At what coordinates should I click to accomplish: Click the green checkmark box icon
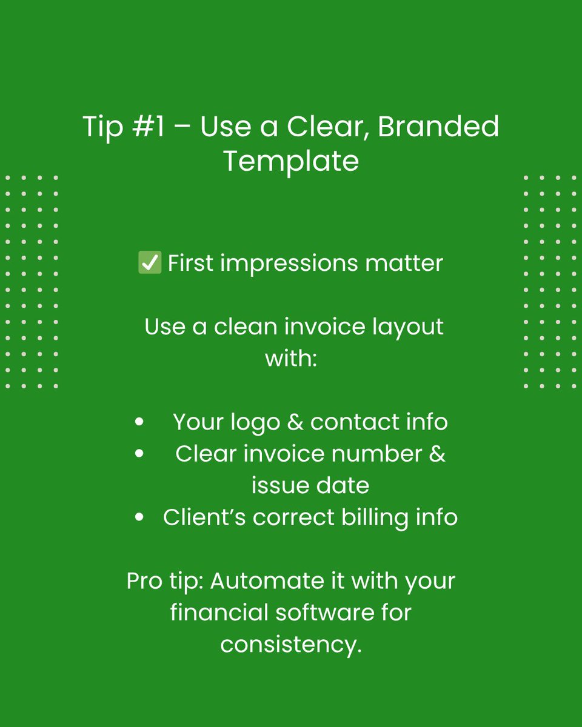click(150, 264)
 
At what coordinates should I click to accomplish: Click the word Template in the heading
click(291, 161)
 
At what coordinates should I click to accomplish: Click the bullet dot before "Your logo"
click(140, 423)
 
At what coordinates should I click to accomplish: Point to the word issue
click(276, 485)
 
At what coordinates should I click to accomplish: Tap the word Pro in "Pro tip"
click(144, 581)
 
